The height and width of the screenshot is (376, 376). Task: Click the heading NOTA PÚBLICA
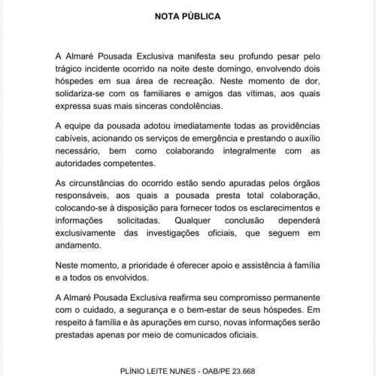pos(187,15)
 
